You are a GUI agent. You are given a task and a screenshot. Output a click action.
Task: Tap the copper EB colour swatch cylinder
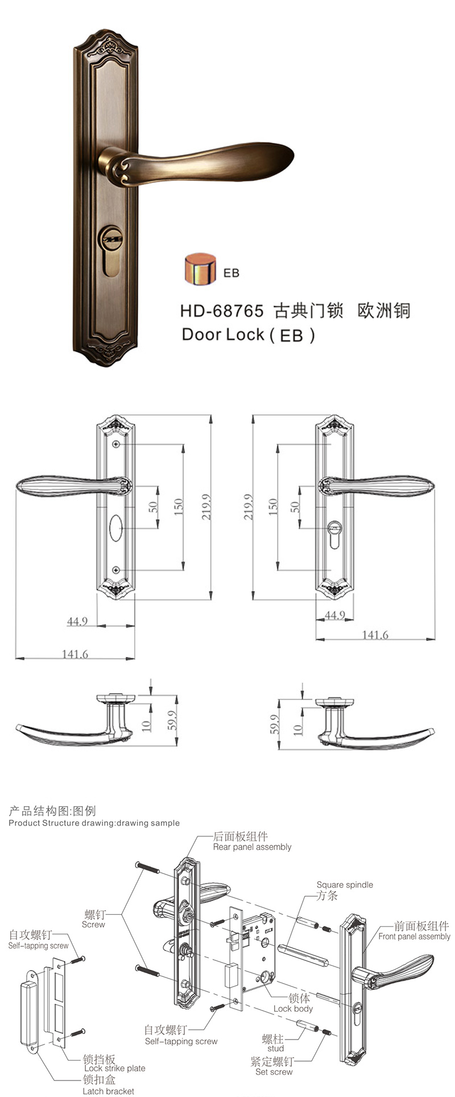point(200,268)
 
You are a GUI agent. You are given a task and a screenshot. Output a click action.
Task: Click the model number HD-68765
point(222,311)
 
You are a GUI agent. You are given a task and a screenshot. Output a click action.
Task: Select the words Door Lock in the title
point(223,334)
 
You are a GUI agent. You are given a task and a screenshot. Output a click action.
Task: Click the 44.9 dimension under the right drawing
point(334,615)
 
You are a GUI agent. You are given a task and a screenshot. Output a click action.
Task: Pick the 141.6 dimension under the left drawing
point(75,654)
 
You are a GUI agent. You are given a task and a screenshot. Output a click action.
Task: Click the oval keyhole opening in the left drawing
point(115,528)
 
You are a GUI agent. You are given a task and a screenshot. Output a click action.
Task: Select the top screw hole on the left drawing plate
point(116,444)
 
